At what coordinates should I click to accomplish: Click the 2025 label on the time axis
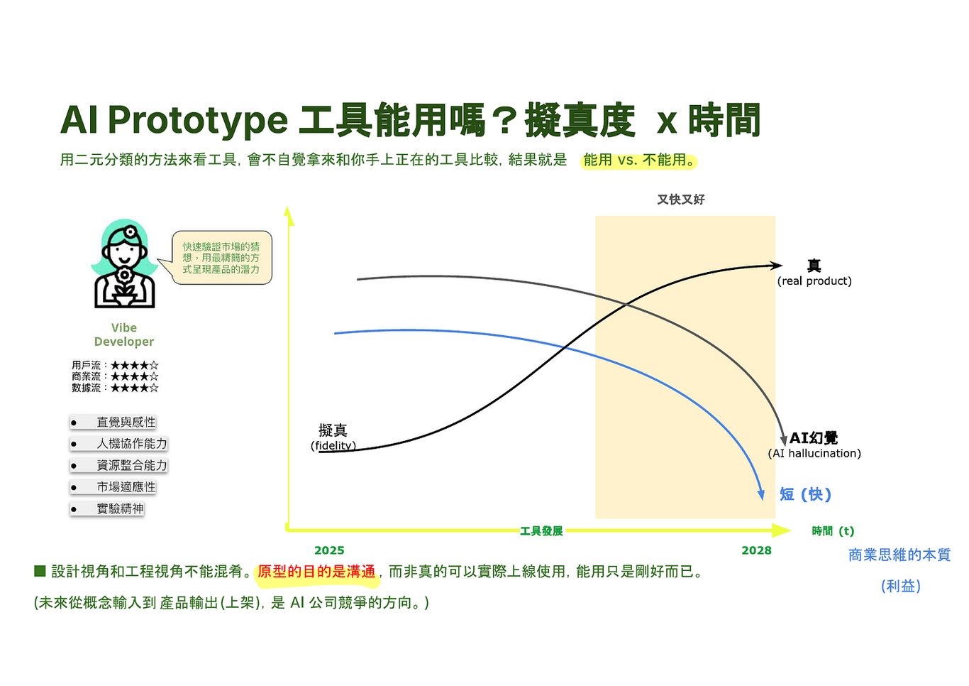click(329, 550)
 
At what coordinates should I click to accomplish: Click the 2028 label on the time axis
click(756, 550)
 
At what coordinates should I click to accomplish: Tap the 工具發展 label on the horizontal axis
click(541, 531)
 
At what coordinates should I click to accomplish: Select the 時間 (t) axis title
click(833, 531)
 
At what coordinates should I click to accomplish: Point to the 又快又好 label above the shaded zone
click(681, 200)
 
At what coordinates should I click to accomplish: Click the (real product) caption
click(814, 281)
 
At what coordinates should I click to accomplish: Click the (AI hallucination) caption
click(814, 454)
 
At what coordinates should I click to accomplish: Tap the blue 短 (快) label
click(805, 494)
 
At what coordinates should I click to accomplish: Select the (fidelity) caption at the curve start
click(333, 445)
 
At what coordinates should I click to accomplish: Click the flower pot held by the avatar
click(125, 299)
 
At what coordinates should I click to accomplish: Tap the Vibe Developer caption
click(124, 334)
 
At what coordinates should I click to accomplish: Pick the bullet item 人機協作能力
click(118, 443)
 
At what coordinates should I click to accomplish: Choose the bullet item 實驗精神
click(107, 508)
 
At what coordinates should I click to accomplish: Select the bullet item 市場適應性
click(113, 486)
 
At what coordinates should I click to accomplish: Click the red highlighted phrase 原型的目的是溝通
click(316, 572)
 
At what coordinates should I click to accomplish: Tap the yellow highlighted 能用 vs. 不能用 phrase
click(638, 160)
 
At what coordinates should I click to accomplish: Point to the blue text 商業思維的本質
click(899, 555)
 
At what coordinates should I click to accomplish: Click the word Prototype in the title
click(198, 121)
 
